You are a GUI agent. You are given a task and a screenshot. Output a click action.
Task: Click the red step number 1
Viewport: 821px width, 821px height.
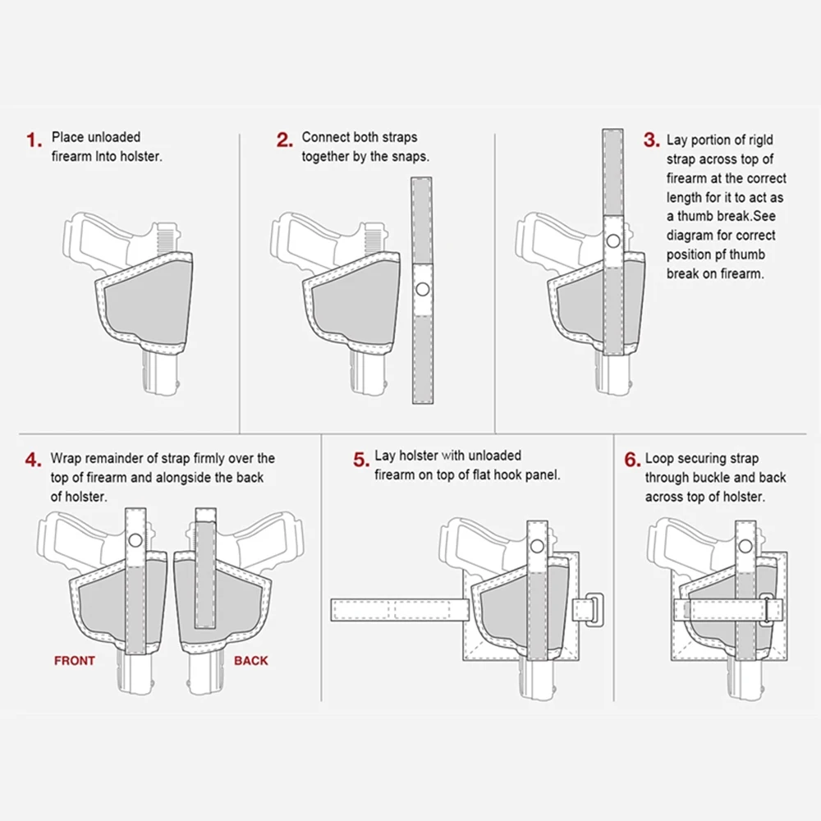pyautogui.click(x=34, y=140)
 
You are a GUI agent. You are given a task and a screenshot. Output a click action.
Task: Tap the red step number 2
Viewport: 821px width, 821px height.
pyautogui.click(x=285, y=140)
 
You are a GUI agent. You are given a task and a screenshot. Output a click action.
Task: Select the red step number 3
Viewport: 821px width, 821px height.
pyautogui.click(x=651, y=140)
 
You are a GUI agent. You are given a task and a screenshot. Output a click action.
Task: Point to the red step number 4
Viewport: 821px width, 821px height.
pyautogui.click(x=33, y=461)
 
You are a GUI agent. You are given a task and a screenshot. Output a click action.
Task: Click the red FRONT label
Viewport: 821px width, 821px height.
pyautogui.click(x=75, y=661)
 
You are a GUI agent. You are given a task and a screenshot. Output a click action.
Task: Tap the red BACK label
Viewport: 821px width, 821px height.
pyautogui.click(x=250, y=661)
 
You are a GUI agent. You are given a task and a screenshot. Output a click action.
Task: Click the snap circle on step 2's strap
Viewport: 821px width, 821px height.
pyautogui.click(x=423, y=289)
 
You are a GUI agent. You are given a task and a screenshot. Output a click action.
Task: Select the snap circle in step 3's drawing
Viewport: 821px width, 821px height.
pyautogui.click(x=613, y=241)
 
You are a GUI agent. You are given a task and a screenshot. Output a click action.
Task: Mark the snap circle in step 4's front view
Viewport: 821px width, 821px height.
pyautogui.click(x=135, y=540)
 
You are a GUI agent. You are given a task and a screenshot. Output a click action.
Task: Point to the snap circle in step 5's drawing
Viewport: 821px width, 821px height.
pyautogui.click(x=537, y=546)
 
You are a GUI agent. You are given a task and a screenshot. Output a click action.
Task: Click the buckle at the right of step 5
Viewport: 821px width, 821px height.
pyautogui.click(x=594, y=610)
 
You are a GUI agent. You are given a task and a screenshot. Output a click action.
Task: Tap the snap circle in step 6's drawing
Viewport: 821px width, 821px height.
pyautogui.click(x=745, y=546)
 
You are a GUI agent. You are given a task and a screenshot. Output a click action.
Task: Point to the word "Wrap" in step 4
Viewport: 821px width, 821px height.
pyautogui.click(x=66, y=459)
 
